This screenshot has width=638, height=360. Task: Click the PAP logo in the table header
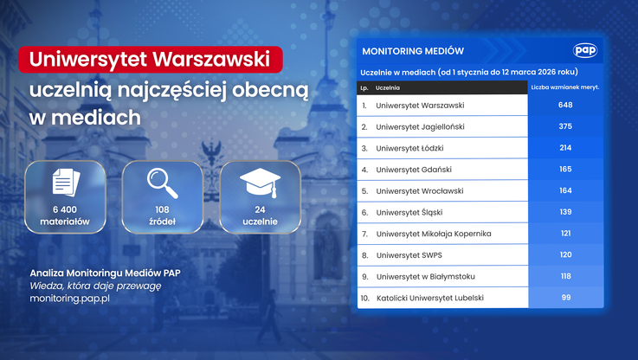[585, 51]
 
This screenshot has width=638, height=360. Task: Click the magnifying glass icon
[162, 183]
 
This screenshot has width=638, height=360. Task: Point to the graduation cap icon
[260, 183]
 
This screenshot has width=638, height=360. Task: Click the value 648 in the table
[565, 106]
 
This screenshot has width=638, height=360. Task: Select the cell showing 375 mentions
[565, 126]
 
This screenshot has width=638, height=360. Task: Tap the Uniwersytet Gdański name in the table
[414, 170]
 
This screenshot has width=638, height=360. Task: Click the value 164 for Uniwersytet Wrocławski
[565, 191]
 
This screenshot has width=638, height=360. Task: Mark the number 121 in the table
[565, 234]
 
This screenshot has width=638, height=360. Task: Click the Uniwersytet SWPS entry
[409, 255]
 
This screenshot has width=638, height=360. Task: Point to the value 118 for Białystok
[565, 277]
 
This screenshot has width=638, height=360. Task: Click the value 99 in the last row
[565, 298]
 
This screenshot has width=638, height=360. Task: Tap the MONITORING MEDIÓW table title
[413, 51]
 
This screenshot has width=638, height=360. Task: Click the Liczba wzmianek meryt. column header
[564, 88]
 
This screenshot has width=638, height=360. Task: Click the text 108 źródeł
[162, 215]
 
